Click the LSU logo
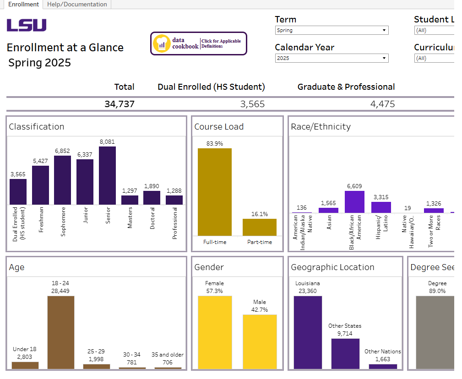[27, 25]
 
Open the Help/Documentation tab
[77, 5]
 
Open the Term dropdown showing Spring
[332, 31]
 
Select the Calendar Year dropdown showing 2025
[332, 58]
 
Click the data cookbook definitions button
[198, 43]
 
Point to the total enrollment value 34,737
[120, 104]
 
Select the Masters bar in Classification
[130, 200]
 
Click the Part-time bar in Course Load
[259, 227]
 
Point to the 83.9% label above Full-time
[214, 144]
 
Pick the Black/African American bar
[354, 202]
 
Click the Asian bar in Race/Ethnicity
[328, 210]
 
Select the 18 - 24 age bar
[61, 332]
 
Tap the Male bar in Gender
[260, 341]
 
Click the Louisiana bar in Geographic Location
[308, 332]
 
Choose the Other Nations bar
[383, 366]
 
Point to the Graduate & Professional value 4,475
[382, 104]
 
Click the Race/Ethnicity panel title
[321, 127]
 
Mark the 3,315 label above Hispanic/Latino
[380, 197]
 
